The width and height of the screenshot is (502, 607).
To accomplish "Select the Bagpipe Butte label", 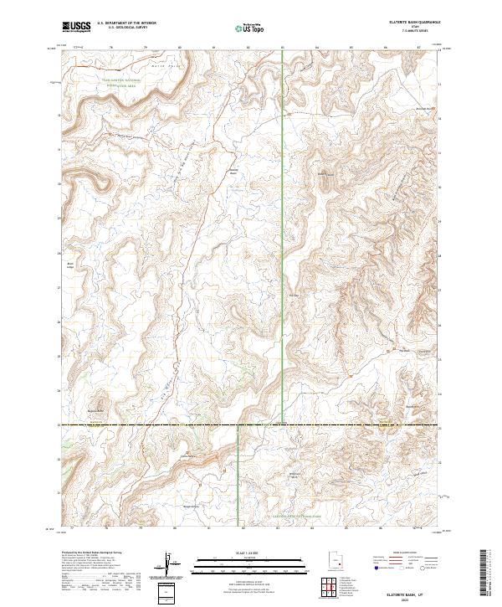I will [97, 411].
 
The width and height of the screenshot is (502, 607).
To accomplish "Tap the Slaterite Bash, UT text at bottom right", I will [415, 589].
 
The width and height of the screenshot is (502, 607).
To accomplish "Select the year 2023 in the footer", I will [416, 597].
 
